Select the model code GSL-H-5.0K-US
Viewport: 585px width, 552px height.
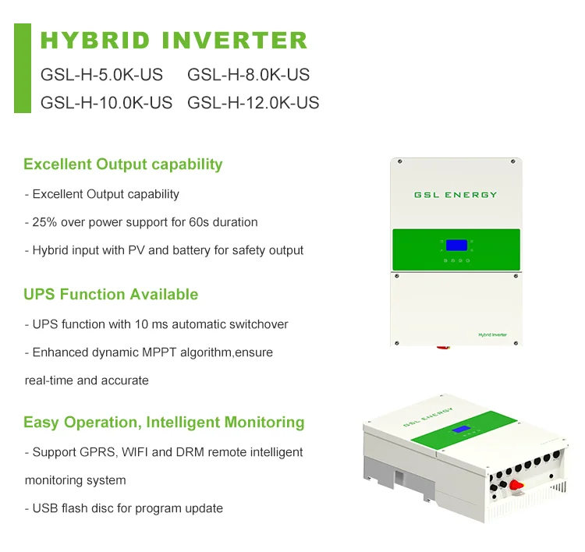(x=101, y=76)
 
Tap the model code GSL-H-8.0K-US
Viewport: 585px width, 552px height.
(x=248, y=76)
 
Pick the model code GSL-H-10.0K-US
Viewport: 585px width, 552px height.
(x=106, y=103)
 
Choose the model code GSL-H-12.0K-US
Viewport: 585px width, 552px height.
(x=253, y=103)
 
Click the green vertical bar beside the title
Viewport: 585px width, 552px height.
(x=23, y=69)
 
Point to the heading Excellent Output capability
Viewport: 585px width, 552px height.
(x=122, y=165)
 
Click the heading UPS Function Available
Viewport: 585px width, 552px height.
(x=111, y=295)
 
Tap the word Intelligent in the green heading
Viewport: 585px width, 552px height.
(x=183, y=423)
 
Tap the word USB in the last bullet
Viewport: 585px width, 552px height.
(x=45, y=508)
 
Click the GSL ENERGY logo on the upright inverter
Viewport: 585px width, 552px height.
(x=456, y=195)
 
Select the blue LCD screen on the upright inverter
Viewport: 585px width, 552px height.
(x=456, y=244)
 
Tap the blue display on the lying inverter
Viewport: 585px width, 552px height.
(x=463, y=430)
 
